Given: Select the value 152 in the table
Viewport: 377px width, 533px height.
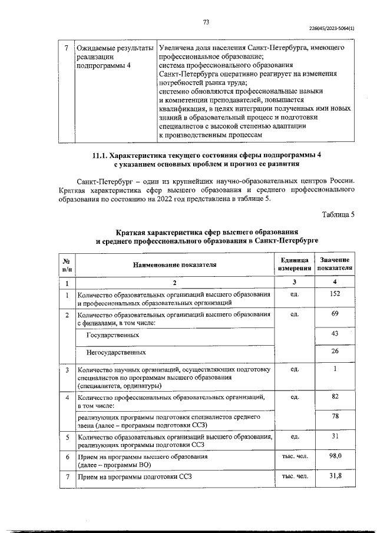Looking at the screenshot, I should tap(335, 294).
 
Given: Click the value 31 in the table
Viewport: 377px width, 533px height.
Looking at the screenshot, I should tap(335, 436).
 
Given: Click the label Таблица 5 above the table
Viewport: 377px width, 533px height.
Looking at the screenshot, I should tap(338, 214).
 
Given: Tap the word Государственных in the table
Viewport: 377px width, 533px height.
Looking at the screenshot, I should tap(113, 335).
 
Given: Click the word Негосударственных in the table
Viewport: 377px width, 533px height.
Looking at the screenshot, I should tap(116, 352).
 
